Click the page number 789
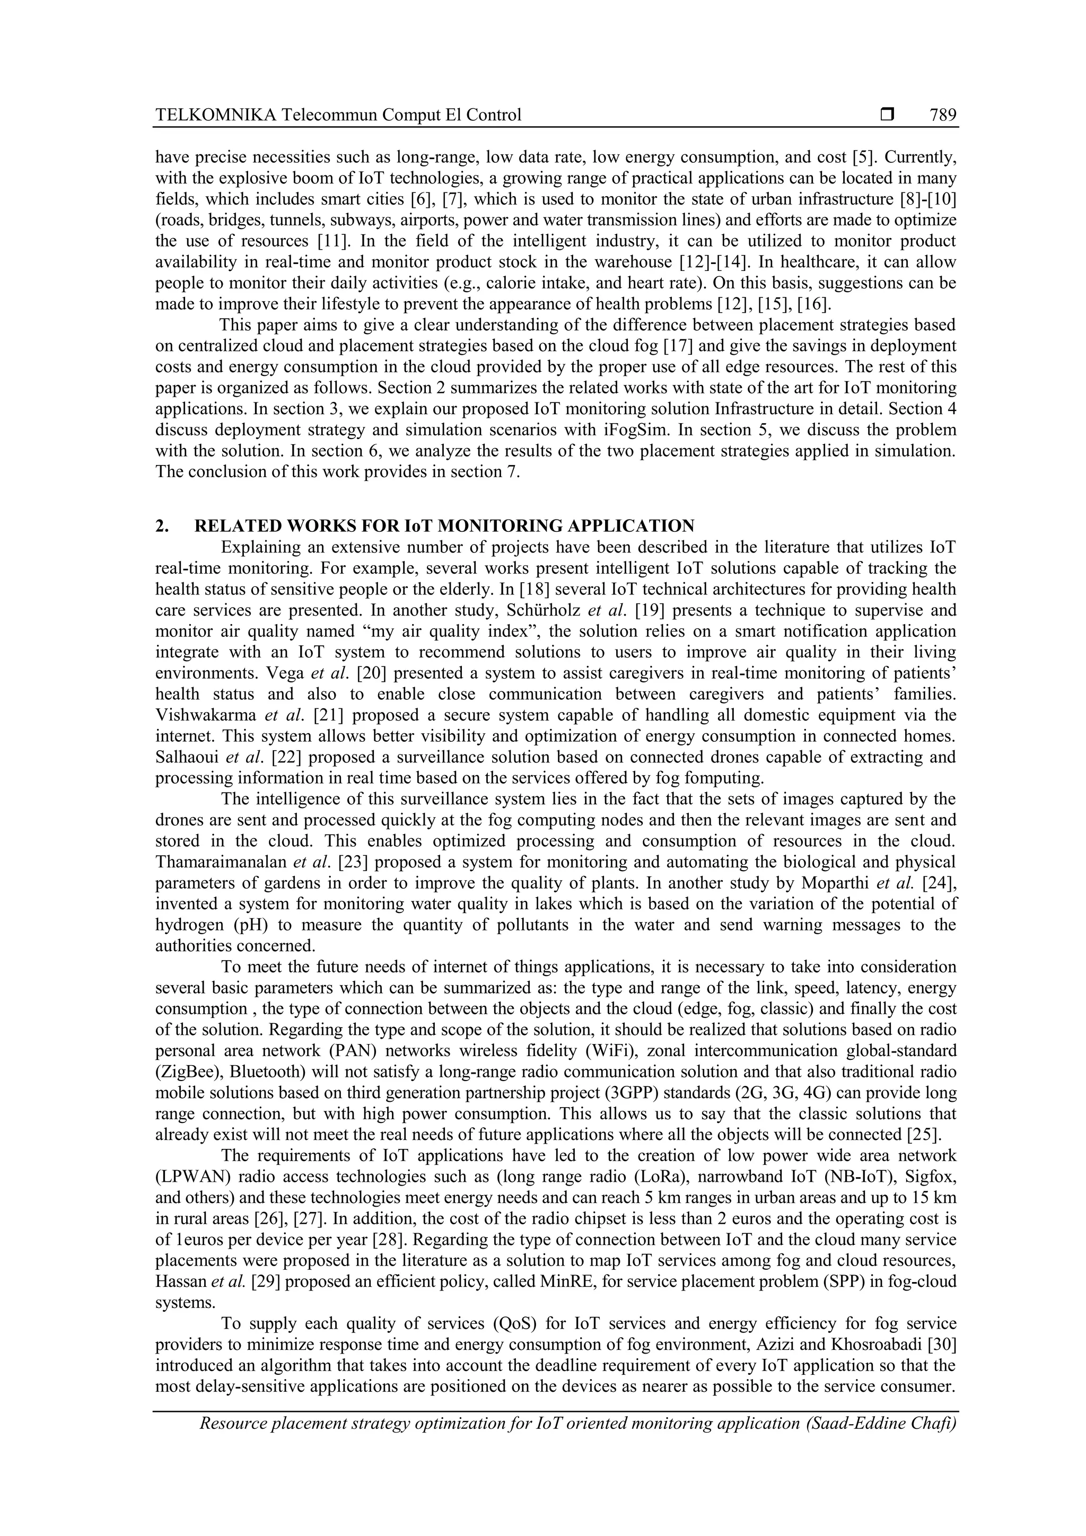point(942,115)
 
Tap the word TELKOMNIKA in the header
point(215,115)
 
